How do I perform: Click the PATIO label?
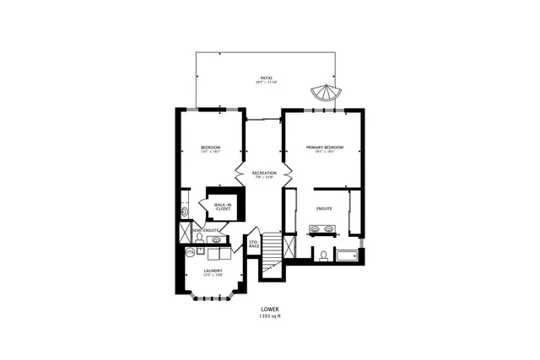coord(267,78)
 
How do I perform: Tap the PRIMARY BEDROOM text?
coord(325,148)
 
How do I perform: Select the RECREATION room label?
coord(266,173)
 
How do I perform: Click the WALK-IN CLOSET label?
coord(223,207)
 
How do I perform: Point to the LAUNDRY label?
coord(213,271)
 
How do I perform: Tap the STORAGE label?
coord(254,244)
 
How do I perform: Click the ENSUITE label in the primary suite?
coord(325,207)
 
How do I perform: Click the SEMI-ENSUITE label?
coord(206,230)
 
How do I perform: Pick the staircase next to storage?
coord(271,250)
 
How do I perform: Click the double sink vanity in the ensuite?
coord(325,228)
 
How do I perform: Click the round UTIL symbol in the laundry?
coord(190,251)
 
